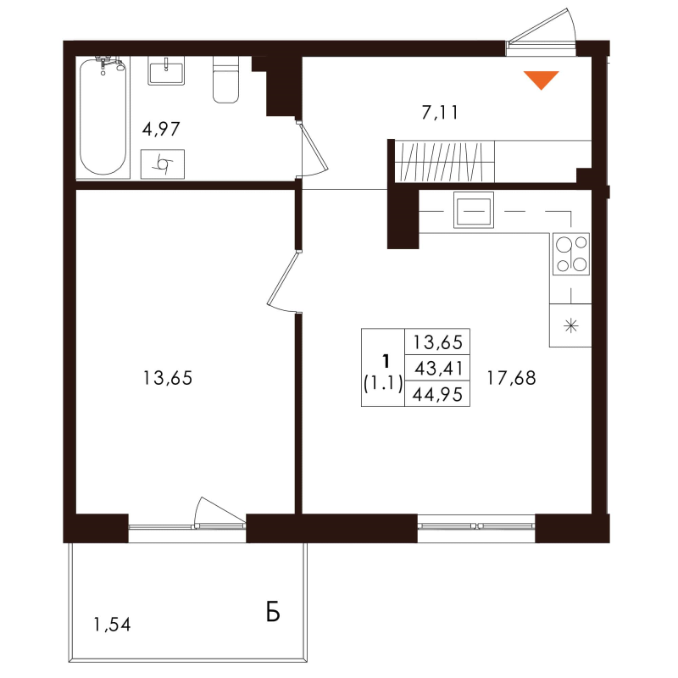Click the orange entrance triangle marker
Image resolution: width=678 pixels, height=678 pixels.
(x=541, y=79)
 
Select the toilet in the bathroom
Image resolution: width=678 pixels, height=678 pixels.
(x=225, y=81)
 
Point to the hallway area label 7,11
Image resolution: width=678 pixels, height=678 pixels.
(x=440, y=111)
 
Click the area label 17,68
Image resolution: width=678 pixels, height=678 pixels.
(x=511, y=378)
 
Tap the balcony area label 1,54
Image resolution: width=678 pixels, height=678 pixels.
(x=112, y=626)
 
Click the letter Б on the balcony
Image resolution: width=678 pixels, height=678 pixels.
(x=272, y=613)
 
